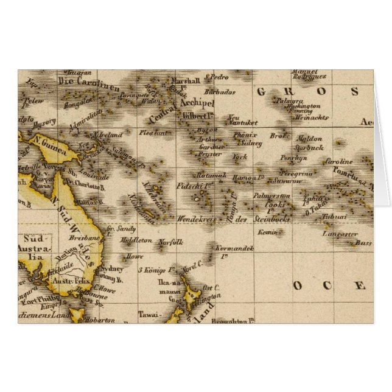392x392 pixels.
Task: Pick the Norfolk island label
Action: pyautogui.click(x=170, y=242)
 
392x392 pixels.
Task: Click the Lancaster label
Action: pyautogui.click(x=340, y=234)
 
